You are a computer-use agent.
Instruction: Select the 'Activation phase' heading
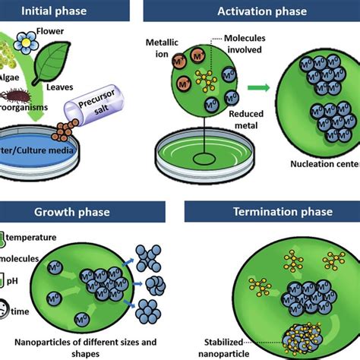[262, 11]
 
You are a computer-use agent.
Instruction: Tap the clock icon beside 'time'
[5, 311]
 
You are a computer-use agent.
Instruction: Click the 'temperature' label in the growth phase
[38, 237]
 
